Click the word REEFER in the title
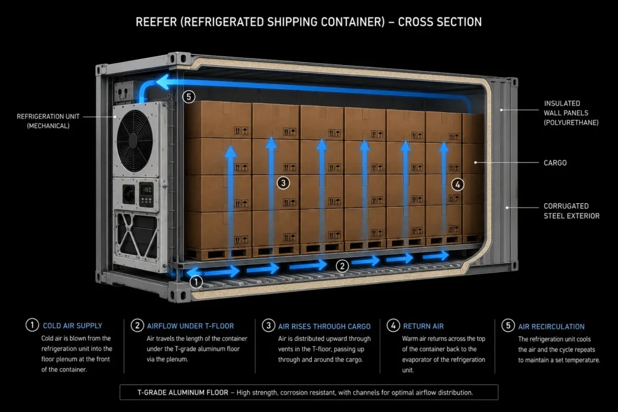[156, 22]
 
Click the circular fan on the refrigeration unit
[134, 140]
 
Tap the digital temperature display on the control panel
[147, 190]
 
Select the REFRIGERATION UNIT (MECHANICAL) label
[48, 121]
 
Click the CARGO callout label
[555, 163]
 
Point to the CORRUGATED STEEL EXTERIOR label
[572, 211]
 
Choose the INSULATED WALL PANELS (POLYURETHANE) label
[571, 113]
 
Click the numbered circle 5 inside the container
[189, 97]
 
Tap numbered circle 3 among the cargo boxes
[283, 183]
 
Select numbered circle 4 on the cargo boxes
[457, 185]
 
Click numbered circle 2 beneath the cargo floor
[342, 266]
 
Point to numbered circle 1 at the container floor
[196, 282]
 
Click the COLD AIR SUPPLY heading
[72, 326]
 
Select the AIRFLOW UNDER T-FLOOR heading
[190, 326]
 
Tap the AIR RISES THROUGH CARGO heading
[324, 326]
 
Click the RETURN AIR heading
[423, 326]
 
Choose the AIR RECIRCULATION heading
[552, 326]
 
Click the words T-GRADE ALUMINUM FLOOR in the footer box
[182, 392]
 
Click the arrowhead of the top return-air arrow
[162, 82]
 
